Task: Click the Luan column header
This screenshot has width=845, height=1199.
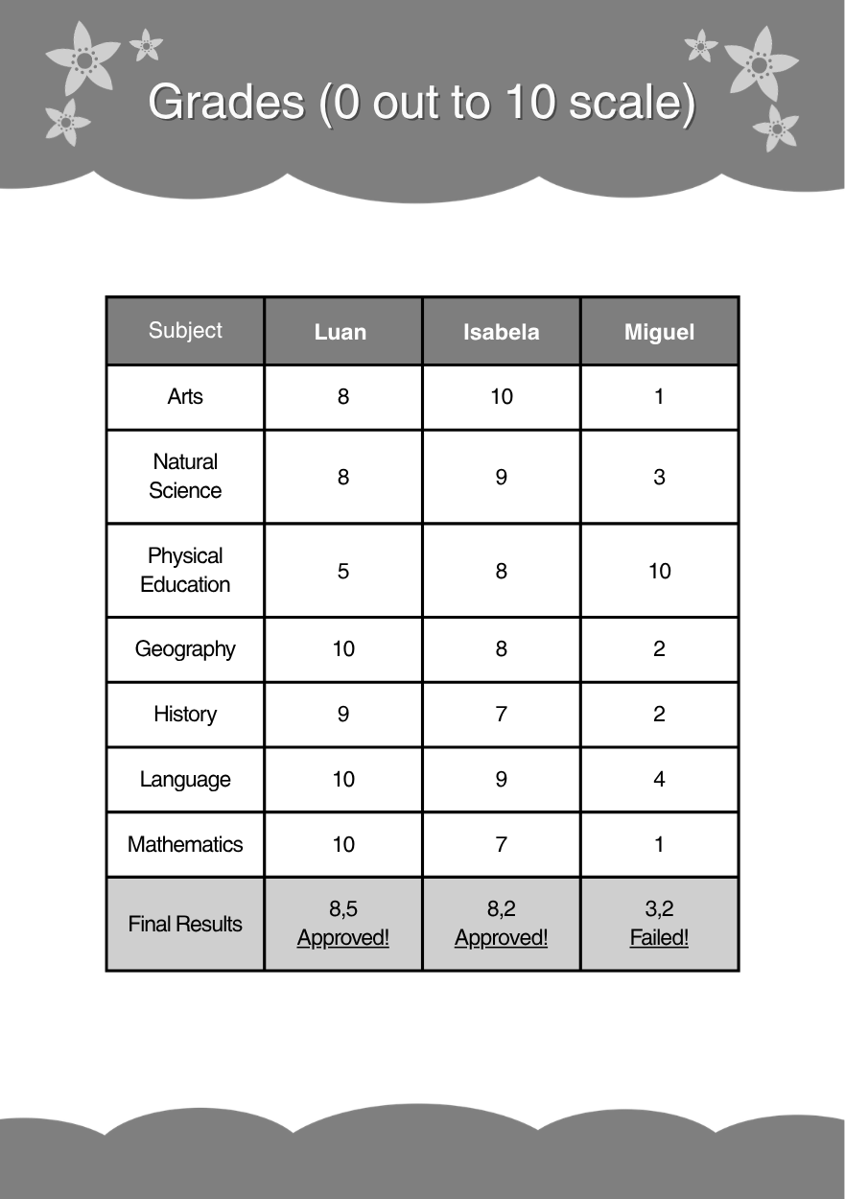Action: pos(340,332)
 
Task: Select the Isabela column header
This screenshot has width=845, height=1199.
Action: pos(501,332)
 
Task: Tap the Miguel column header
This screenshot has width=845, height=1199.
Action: pos(659,332)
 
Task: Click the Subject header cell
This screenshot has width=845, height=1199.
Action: pos(185,330)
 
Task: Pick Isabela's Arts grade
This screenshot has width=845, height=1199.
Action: pos(501,396)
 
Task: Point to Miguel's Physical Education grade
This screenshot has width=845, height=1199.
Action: pos(659,571)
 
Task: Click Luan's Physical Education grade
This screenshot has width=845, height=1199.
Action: pos(343,571)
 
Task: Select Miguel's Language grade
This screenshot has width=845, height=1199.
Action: pos(659,779)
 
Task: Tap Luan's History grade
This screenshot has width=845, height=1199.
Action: pos(343,714)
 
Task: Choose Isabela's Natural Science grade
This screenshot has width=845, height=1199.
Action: pos(501,477)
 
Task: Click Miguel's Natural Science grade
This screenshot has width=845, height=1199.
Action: pos(659,477)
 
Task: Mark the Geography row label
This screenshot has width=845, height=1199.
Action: pos(185,649)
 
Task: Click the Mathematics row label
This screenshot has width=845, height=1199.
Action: pos(185,844)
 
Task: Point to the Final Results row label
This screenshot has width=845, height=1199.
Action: pos(185,924)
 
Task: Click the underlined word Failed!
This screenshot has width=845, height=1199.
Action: pos(659,937)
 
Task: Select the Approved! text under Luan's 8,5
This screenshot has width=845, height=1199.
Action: pos(343,937)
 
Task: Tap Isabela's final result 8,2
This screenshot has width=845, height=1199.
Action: pos(501,908)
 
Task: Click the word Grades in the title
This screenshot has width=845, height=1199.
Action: pos(226,102)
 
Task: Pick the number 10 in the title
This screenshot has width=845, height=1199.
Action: pos(526,102)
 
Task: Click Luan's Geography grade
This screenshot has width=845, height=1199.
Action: pos(343,649)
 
